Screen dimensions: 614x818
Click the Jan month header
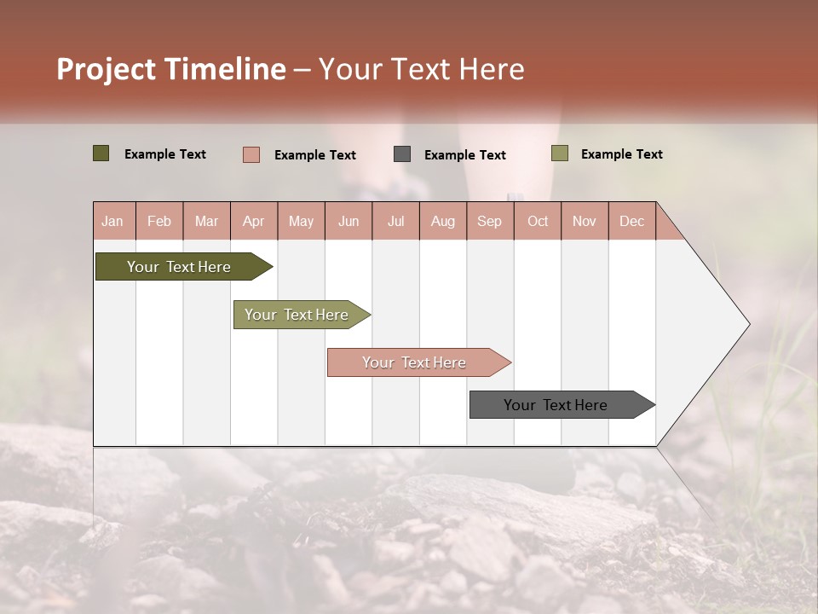[112, 221]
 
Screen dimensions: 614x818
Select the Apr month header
[253, 221]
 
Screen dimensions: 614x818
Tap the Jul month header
[395, 221]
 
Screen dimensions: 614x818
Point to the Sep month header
[489, 221]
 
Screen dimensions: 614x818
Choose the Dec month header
[631, 221]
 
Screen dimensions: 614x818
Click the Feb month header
[159, 221]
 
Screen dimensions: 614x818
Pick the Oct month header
[538, 221]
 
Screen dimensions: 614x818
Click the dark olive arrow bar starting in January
[180, 267]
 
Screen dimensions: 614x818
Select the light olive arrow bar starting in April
[297, 315]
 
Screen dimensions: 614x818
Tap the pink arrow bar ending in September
[415, 362]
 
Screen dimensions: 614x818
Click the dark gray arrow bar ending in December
[556, 405]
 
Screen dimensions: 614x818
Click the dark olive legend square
[101, 153]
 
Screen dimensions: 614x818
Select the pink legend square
[251, 154]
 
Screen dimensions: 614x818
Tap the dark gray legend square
[401, 153]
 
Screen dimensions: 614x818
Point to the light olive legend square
[559, 153]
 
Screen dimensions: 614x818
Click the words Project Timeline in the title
[170, 69]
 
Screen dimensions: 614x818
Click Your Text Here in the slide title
[422, 69]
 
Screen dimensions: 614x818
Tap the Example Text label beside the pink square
[314, 155]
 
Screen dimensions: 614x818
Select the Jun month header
[349, 221]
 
